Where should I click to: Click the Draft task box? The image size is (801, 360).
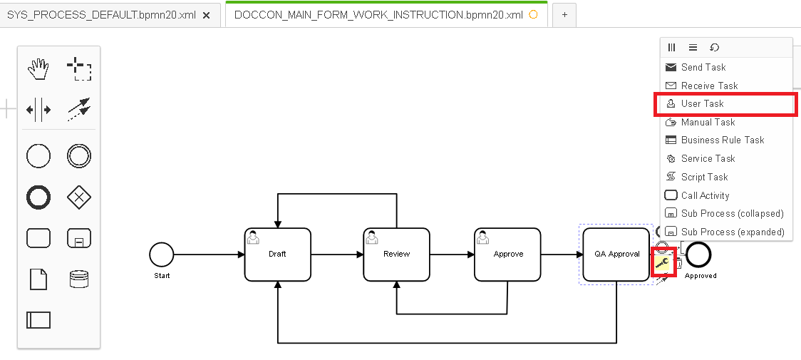277,254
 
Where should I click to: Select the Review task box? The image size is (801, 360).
396,254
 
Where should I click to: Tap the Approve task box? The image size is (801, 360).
508,254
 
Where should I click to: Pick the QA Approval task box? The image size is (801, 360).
616,254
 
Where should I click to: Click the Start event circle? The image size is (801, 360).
162,254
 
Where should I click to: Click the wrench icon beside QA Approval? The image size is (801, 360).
662,263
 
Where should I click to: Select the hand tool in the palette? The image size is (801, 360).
38,69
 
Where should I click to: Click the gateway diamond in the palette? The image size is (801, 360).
79,197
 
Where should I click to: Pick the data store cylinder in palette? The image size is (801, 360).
79,279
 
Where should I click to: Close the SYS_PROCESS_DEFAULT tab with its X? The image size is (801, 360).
207,15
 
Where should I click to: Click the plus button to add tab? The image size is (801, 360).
564,15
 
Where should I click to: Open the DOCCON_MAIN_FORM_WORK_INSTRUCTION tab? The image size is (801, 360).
378,15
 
